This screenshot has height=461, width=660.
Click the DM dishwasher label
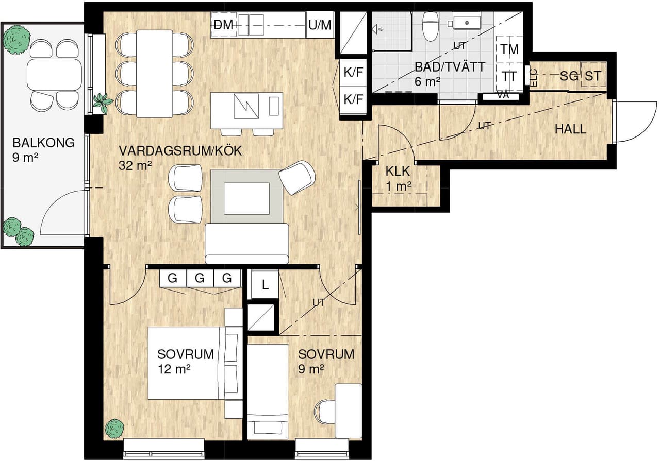(223, 25)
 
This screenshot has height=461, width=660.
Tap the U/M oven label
(320, 25)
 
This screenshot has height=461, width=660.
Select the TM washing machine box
(509, 49)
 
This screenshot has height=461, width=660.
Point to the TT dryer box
(509, 77)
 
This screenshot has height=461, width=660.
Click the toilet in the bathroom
(431, 26)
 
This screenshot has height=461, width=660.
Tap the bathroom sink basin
(467, 22)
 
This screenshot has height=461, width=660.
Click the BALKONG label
(44, 143)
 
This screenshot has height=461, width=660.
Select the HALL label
(570, 129)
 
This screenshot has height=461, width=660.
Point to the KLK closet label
(398, 171)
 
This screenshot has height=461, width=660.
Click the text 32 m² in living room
(135, 165)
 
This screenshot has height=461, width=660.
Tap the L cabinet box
(265, 285)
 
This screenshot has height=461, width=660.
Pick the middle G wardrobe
(200, 278)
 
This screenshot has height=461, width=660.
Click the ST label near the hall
(593, 76)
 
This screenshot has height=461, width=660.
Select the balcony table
(54, 75)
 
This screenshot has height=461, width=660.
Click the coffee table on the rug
(246, 198)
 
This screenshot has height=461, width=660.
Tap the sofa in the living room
(246, 243)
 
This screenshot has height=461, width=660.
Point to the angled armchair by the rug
(297, 178)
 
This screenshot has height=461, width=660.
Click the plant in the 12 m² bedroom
(114, 429)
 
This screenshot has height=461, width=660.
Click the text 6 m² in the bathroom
(427, 81)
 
